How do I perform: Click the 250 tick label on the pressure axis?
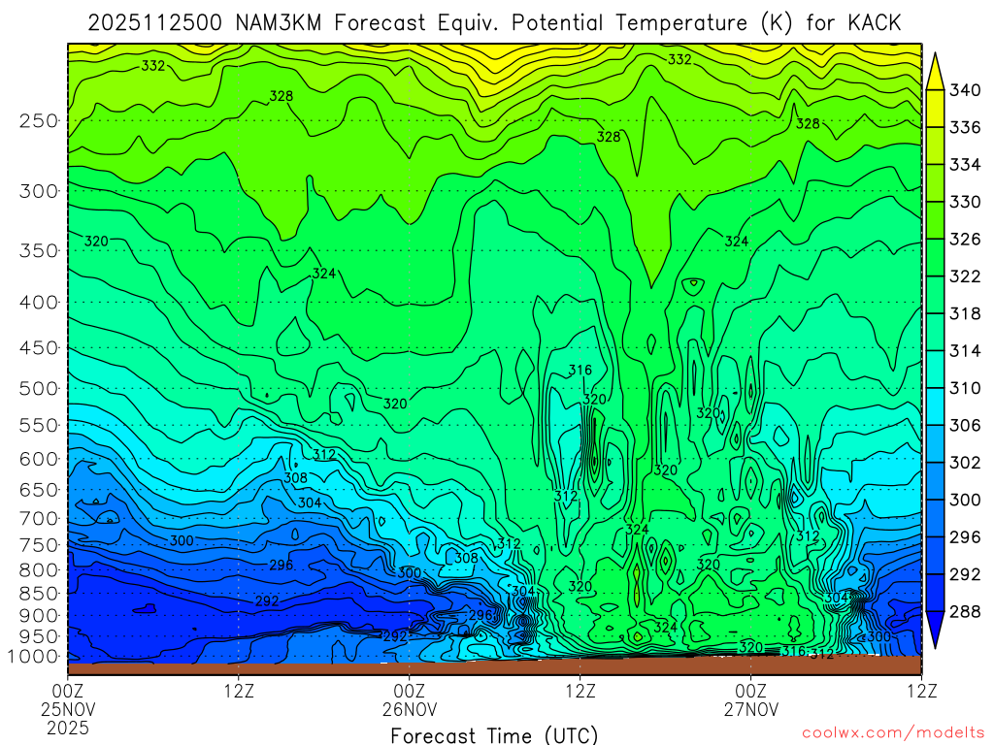pos(37,121)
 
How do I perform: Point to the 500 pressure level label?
pos(37,388)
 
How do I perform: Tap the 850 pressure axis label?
pos(37,593)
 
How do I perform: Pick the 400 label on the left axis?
pos(37,303)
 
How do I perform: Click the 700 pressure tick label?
pos(37,517)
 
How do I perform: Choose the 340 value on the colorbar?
pos(965,91)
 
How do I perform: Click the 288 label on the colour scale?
pos(965,612)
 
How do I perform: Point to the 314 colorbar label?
pos(965,351)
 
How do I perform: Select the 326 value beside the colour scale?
pos(965,240)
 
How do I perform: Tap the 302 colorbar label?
pos(965,463)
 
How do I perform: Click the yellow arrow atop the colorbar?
pos(936,70)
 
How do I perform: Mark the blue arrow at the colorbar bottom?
pos(936,632)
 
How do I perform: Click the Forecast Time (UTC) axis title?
pos(494,734)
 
